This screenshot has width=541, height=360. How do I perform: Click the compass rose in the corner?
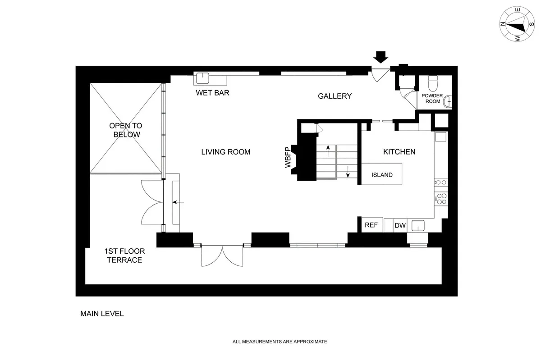click(517, 25)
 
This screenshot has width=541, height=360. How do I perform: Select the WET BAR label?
click(212, 93)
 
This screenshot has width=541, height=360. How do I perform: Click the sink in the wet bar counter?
click(202, 78)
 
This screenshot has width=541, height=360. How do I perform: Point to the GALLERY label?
click(335, 96)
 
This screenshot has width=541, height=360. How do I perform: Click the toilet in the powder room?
click(433, 83)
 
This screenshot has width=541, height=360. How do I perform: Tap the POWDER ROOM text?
click(432, 98)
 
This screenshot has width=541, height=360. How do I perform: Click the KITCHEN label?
click(399, 152)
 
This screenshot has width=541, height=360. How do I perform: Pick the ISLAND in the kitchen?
click(382, 175)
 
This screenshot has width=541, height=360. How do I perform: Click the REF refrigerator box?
click(371, 225)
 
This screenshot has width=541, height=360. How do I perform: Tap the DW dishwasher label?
click(400, 226)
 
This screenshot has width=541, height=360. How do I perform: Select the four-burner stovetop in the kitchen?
click(441, 199)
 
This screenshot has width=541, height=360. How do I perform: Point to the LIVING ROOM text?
click(225, 152)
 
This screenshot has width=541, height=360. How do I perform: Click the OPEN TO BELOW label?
click(125, 130)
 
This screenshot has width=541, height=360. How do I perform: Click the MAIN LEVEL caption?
click(102, 314)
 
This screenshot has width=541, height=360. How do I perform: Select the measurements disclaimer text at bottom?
click(280, 342)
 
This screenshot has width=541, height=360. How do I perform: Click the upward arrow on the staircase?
click(328, 150)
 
